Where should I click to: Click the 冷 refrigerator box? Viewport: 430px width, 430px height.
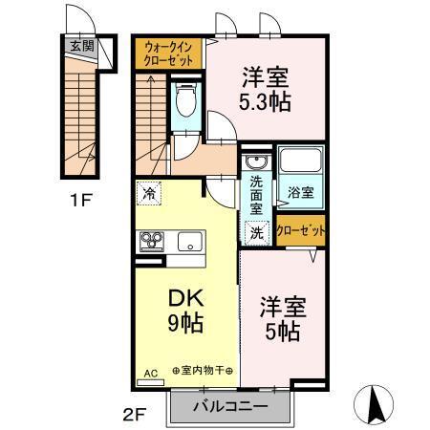coord(148,193)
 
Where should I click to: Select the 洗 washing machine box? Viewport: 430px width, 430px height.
coord(255,230)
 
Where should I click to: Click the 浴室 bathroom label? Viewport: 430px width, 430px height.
coord(301,192)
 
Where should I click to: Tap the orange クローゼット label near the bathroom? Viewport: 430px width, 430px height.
coord(300,229)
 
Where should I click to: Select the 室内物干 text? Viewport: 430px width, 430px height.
coord(203,371)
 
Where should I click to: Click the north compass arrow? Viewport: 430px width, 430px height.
coord(376,402)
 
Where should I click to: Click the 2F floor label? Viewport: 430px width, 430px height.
coord(133,416)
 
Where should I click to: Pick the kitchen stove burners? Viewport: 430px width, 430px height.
coord(151,242)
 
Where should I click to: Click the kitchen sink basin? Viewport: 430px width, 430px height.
coord(187,242)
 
